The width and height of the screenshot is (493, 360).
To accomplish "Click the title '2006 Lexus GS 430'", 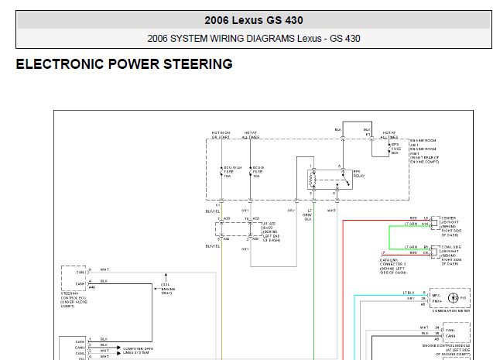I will (x=254, y=20).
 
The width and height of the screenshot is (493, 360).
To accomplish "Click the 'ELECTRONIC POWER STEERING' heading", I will (x=124, y=65).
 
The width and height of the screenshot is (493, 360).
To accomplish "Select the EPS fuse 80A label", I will (x=394, y=148).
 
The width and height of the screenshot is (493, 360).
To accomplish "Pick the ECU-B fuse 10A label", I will (x=258, y=170).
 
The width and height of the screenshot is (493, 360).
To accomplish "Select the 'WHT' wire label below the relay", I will (x=331, y=210).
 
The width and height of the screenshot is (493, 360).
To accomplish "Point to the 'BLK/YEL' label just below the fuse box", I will (x=212, y=210).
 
